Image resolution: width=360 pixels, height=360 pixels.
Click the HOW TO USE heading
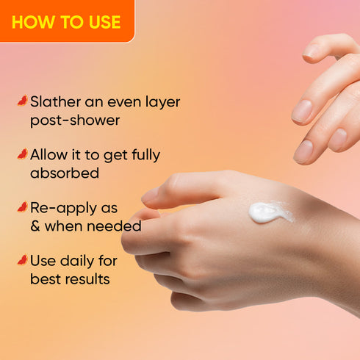[65, 21]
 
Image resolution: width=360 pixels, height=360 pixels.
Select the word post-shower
[73, 120]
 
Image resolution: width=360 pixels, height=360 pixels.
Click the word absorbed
[65, 173]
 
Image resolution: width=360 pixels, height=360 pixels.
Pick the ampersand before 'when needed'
[36, 226]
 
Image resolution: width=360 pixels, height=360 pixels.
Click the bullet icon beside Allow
[21, 154]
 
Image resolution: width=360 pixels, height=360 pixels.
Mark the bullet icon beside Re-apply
[21, 207]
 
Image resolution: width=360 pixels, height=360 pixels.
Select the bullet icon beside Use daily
[21, 260]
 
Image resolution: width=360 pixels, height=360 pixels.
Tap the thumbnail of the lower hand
[150, 195]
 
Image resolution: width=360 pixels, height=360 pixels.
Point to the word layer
[159, 101]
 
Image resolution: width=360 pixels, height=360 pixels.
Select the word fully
[143, 155]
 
